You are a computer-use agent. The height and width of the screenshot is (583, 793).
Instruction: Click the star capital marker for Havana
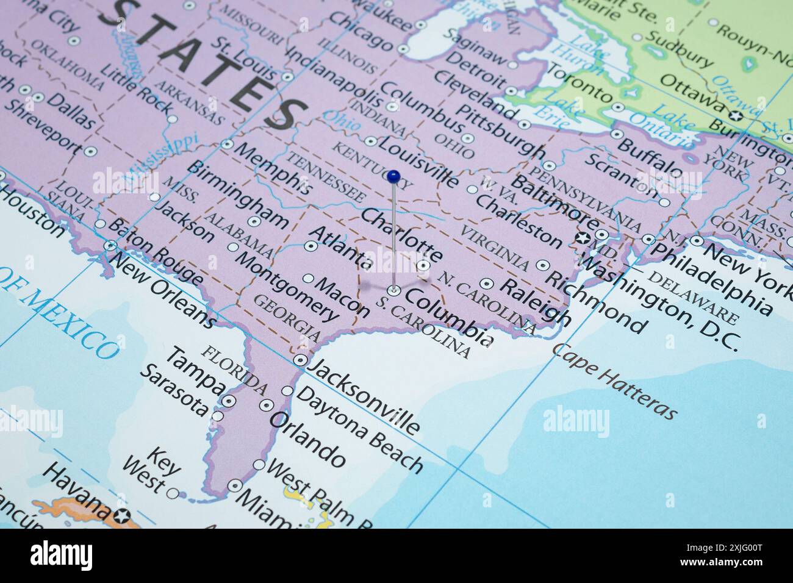124,516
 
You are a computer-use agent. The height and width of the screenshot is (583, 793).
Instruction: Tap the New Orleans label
164,292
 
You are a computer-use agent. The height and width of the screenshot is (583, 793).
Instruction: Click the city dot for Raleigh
486,283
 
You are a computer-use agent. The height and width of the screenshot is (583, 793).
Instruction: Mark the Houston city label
30,210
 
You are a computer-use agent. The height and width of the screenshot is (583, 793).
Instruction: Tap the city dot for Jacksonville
300,360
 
